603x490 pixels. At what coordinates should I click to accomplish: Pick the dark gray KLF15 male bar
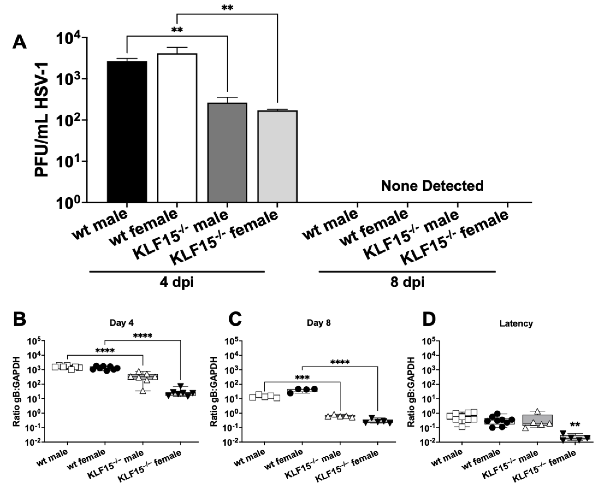pos(227,152)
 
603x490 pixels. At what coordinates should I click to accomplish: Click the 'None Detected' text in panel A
pos(432,186)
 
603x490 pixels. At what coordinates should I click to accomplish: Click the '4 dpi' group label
pos(177,282)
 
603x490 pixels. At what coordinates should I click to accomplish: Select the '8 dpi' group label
pos(407,282)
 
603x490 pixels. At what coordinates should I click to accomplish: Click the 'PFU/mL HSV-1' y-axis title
pos(42,120)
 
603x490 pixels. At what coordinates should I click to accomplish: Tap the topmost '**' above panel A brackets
pos(227,8)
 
